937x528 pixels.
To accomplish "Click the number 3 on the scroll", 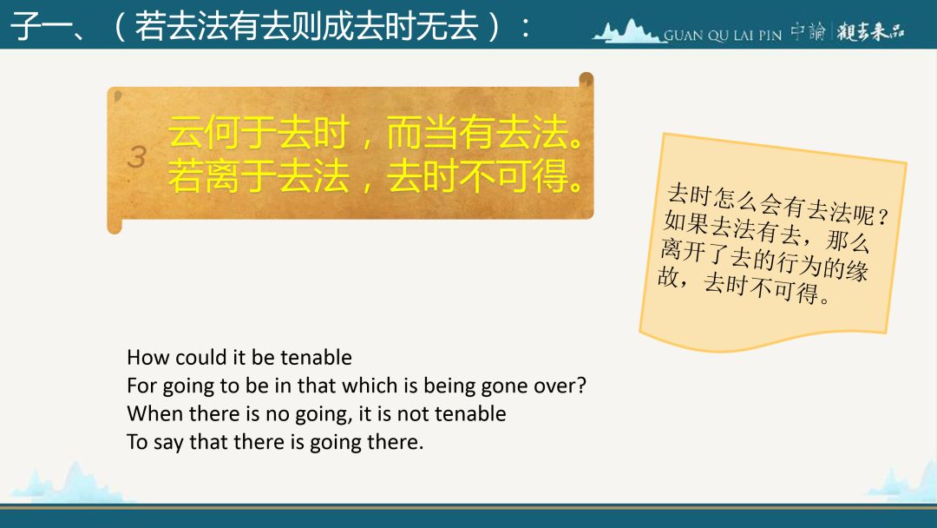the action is tap(137, 156).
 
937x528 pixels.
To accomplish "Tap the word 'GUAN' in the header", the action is tap(684, 36).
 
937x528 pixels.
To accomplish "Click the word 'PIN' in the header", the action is tap(770, 36).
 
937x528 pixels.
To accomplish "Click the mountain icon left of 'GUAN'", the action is tap(627, 31).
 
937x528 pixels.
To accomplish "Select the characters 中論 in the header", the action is tap(808, 31).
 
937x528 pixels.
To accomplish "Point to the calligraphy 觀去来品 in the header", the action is tap(870, 31).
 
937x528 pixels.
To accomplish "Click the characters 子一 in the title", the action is tap(42, 26).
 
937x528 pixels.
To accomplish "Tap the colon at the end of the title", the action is tap(525, 28).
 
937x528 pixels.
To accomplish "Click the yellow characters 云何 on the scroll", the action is tap(204, 132).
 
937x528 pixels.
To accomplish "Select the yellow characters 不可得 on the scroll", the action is tap(514, 176).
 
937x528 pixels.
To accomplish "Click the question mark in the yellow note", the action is tap(884, 216).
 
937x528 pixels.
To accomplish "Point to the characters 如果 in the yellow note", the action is tap(686, 223).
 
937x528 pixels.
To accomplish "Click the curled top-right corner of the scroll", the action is tap(586, 80).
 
